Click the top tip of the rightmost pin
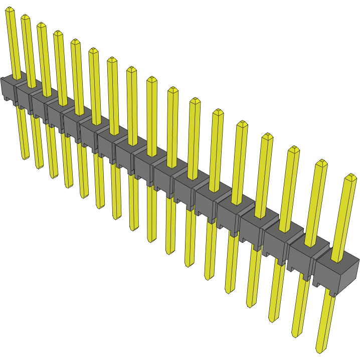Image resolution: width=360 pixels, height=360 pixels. [x=351, y=176]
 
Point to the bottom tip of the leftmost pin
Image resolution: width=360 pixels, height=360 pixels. [x=26, y=157]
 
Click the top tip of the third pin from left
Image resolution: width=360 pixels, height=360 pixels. [x=41, y=25]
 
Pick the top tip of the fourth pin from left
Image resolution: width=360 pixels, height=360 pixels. [x=58, y=33]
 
